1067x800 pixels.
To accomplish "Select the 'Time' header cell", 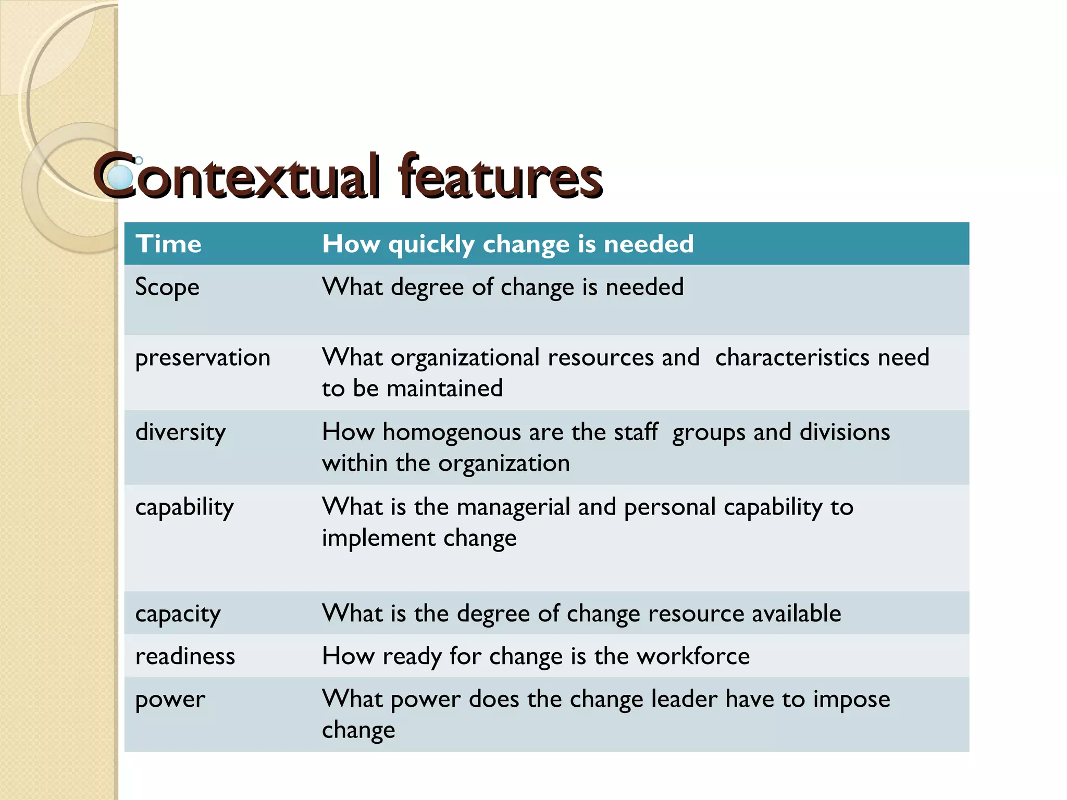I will point(168,244).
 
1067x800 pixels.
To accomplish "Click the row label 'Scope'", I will point(167,287).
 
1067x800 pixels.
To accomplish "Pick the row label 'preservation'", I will point(203,358).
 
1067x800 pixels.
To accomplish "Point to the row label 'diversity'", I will point(180,432).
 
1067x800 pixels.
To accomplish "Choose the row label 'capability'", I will point(184,507).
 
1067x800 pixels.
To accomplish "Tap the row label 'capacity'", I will point(178,614).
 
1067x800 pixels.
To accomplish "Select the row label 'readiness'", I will point(185,656).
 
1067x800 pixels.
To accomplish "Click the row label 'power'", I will point(170,699).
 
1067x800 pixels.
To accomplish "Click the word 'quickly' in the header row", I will point(431,244).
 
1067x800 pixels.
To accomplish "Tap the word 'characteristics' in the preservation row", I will point(792,357).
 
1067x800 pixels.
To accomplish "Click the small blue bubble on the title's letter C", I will point(121,177).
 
